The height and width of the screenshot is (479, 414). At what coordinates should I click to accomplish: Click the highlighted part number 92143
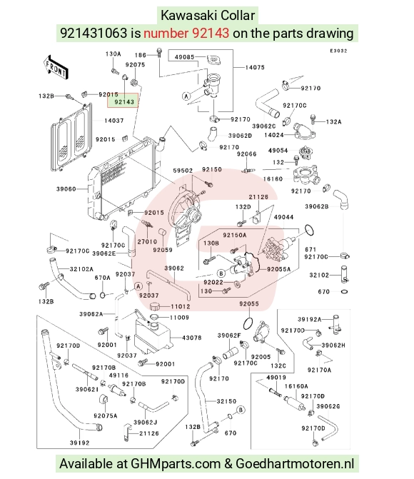point(124,102)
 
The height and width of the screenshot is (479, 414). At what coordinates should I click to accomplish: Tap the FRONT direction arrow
point(56,68)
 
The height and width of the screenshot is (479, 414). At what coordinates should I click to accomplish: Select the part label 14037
point(114,121)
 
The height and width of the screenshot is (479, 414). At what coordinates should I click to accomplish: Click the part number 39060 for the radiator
point(66,189)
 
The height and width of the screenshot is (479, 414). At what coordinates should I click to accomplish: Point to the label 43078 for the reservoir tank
point(191,338)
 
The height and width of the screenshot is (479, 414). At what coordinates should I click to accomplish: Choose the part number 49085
point(185,57)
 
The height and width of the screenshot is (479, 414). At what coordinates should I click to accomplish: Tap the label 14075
point(255,67)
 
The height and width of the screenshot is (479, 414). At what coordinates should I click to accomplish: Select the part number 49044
point(283,217)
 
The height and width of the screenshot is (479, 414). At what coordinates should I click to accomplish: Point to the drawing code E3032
point(338,51)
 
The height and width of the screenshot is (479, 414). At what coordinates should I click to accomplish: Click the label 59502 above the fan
point(183,171)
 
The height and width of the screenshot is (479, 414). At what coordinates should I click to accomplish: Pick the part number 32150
point(226,401)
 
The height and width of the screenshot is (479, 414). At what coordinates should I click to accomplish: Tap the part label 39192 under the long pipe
point(79,443)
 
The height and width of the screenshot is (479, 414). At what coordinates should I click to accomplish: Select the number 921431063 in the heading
point(94,33)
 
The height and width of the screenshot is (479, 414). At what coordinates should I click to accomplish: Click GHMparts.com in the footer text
point(176,464)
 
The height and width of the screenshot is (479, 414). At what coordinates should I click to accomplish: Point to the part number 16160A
point(296,386)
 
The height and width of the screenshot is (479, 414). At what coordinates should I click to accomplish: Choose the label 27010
point(147,241)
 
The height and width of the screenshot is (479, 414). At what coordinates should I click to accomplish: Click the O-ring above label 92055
point(248,323)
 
